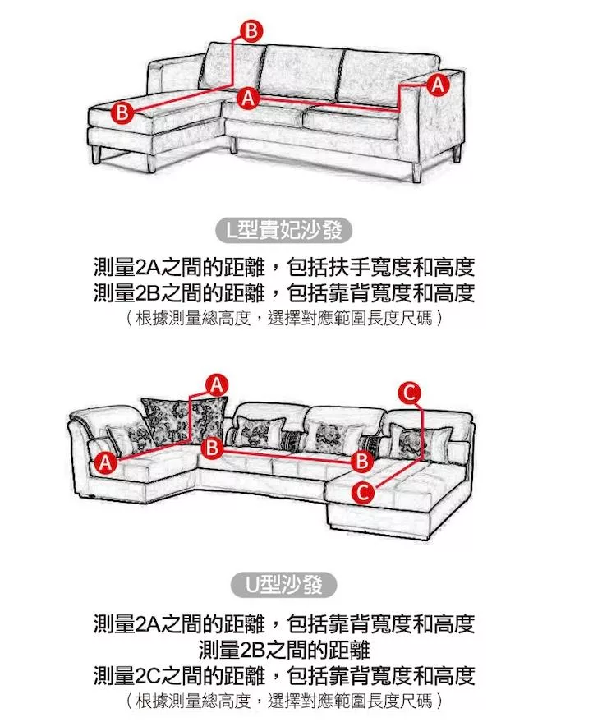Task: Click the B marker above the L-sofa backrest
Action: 251,31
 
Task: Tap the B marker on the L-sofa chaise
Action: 122,113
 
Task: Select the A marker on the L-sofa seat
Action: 248,98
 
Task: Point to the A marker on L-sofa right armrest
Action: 438,85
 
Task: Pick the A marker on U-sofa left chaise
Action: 105,462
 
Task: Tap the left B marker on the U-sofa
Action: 212,448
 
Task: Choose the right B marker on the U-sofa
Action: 362,461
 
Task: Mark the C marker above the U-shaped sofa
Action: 410,393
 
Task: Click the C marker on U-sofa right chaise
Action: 362,493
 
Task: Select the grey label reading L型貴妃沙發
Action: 284,231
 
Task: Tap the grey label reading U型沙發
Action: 284,586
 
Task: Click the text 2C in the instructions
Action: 147,676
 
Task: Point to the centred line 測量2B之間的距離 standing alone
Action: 284,650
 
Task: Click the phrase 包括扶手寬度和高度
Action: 380,267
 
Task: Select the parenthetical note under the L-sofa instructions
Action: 284,318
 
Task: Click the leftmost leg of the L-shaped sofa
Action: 97,154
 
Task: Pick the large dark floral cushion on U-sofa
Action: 185,421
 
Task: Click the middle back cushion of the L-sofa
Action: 301,72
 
